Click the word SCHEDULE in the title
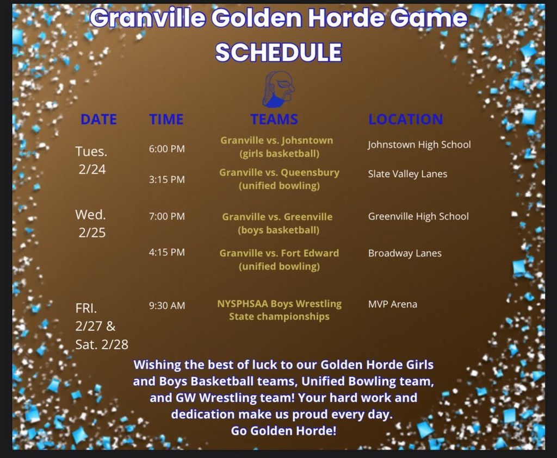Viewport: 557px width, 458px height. (x=278, y=52)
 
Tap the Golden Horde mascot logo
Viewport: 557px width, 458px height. (x=279, y=89)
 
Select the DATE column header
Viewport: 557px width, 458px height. (x=98, y=120)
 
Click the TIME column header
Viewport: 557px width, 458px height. (x=166, y=120)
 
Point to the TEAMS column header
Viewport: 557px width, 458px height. (x=274, y=120)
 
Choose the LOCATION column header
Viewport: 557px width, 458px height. (x=405, y=120)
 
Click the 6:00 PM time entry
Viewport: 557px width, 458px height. (x=167, y=149)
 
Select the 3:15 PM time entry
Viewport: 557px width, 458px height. (x=167, y=179)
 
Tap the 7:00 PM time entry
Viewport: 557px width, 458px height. (x=167, y=216)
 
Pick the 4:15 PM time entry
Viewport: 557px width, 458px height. (x=167, y=252)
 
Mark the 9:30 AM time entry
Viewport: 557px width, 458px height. (x=167, y=305)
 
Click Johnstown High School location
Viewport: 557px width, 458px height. (x=419, y=145)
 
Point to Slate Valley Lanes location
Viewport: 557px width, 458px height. (x=407, y=174)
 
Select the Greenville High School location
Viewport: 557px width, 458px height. (x=418, y=216)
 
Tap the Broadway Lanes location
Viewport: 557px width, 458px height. (x=405, y=253)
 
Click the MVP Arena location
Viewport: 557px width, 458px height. (x=393, y=304)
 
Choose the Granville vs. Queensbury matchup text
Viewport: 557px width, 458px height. (x=279, y=173)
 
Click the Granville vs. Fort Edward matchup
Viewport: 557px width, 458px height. (x=279, y=253)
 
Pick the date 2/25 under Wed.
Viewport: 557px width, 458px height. (x=92, y=233)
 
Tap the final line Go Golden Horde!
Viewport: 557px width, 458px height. (x=283, y=431)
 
